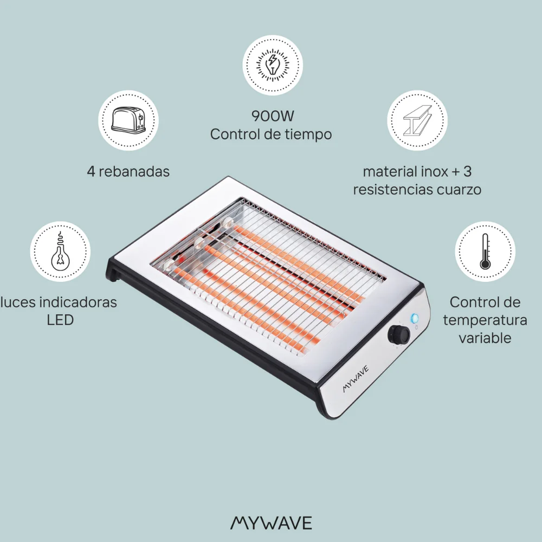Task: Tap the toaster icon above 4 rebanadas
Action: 128,120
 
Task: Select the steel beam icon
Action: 417,120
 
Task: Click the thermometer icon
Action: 485,252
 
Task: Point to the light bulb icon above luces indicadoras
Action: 60,252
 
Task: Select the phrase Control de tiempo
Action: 270,134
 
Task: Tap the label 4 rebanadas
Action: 128,171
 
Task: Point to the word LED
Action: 60,320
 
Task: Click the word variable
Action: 485,338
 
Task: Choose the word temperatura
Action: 485,320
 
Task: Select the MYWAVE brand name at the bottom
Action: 271,522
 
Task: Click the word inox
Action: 429,172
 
